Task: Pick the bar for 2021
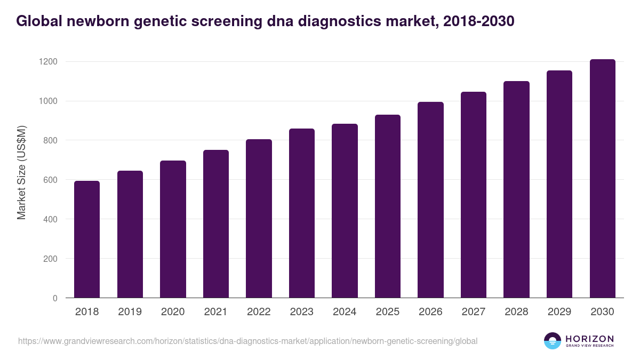coord(216,224)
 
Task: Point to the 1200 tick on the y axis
coord(47,62)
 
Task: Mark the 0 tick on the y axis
coord(55,298)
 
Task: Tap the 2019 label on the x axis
coord(130,312)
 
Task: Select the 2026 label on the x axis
coord(430,312)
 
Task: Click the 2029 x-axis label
coord(559,312)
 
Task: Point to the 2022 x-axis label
coord(259,312)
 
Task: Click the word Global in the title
coord(37,21)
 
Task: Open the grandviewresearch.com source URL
coord(247,341)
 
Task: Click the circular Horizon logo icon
coord(553,341)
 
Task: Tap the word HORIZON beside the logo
coord(589,339)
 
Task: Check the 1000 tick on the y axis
coord(47,101)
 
